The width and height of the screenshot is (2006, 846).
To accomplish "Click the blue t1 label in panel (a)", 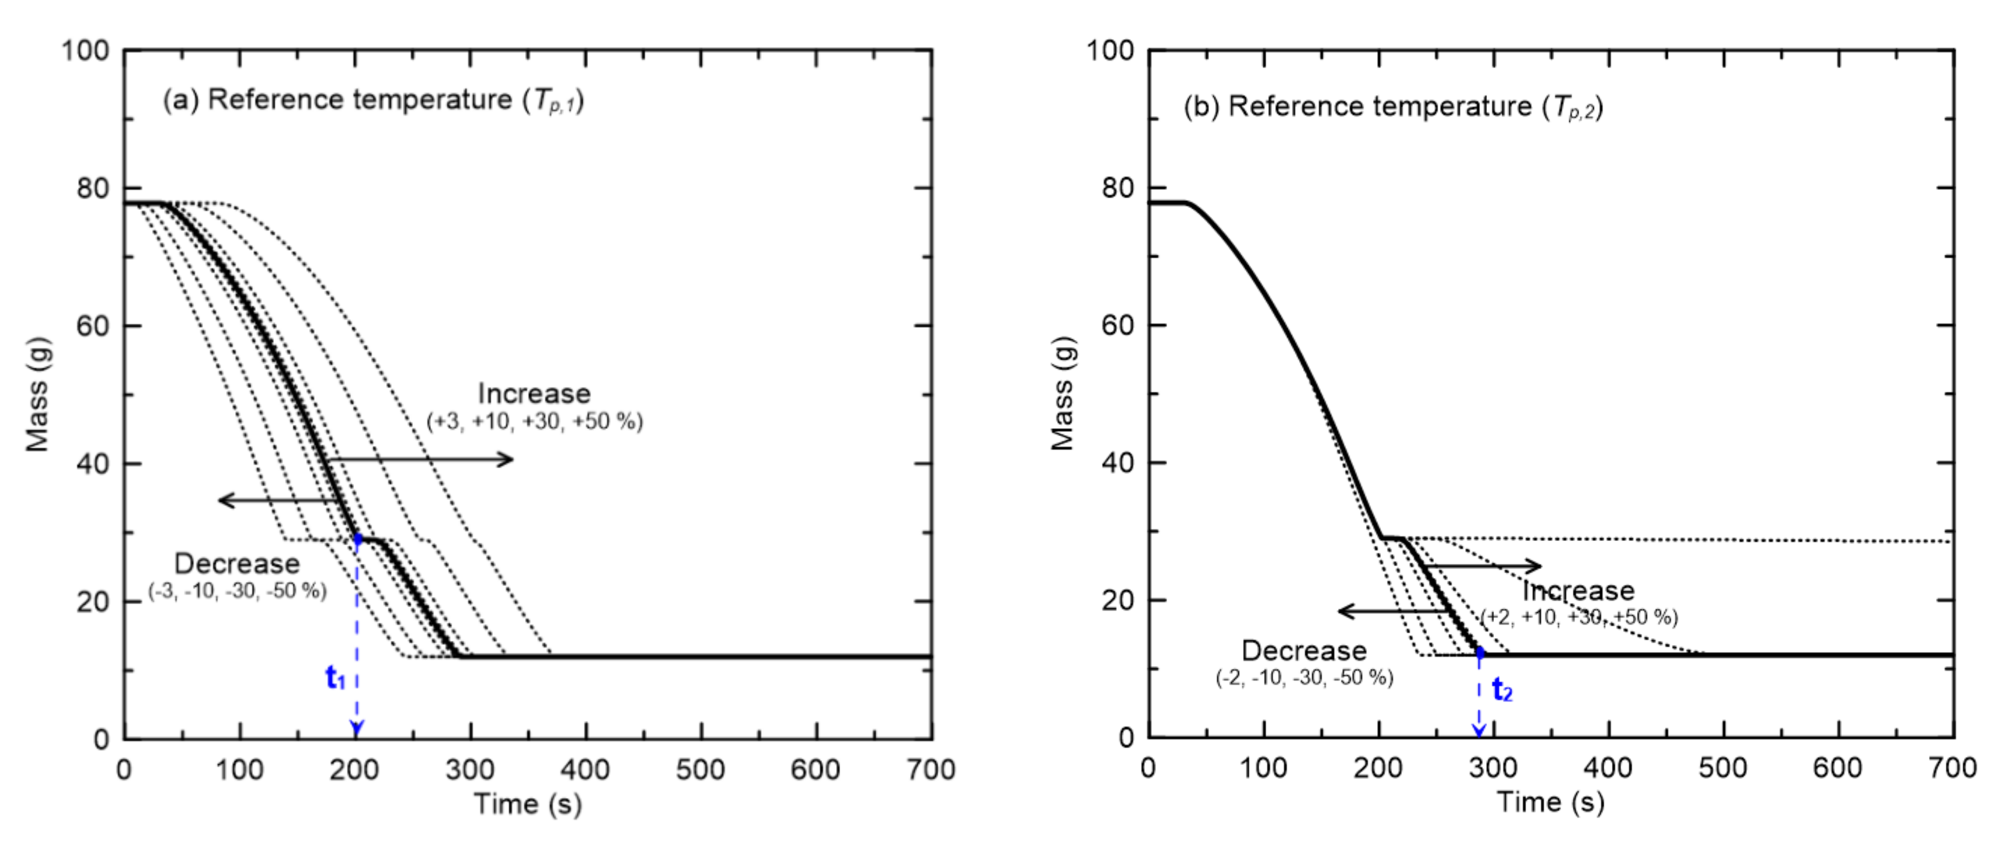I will pos(335,678).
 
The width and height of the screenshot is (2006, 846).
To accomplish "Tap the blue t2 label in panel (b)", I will pos(1502,690).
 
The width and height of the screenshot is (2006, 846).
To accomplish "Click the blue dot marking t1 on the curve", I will pos(357,538).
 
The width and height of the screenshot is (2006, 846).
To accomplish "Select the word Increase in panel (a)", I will pos(534,393).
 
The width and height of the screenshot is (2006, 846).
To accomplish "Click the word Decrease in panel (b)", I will pos(1304,650).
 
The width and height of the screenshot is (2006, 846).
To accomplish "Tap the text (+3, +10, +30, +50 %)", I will pos(534,421).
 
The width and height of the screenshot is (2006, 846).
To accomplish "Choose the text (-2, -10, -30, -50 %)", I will pos(1304,678).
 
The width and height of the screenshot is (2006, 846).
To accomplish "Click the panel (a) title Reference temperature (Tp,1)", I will pos(373,100).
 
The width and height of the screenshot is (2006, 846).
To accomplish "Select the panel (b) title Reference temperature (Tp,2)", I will pos(1393,107).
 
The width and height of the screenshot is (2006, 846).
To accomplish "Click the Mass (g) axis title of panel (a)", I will pos(37,394).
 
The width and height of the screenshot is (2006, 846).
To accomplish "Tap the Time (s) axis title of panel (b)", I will pos(1549,802).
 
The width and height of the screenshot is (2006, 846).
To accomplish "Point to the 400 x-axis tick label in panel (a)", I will pos(585,769).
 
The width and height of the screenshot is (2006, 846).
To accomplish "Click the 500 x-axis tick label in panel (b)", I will pos(1722,768).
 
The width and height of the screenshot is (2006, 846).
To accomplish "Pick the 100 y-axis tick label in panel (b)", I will pos(1110,51).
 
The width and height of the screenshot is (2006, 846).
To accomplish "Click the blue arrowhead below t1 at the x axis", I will pos(357,730).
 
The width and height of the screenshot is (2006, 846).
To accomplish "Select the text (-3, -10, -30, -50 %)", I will pos(238,591).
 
